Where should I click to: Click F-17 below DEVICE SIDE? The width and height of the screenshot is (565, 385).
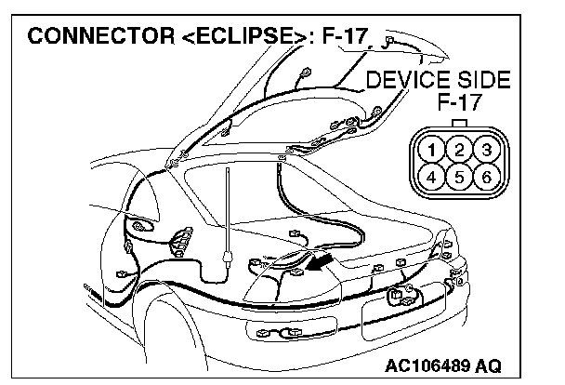[459, 103]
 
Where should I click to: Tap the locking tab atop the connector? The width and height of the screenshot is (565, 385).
[459, 122]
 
